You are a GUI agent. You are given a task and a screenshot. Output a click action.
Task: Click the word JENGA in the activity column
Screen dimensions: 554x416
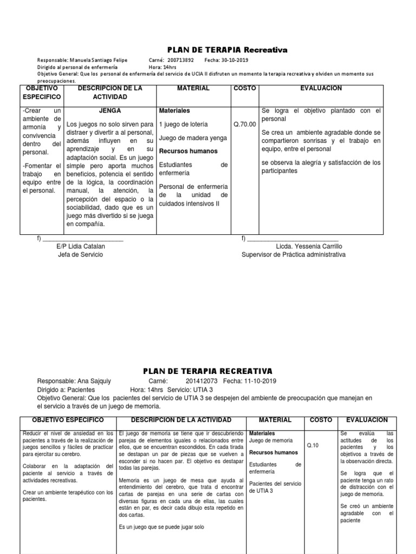110,110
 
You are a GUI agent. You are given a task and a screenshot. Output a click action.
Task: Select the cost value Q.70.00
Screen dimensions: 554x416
244,124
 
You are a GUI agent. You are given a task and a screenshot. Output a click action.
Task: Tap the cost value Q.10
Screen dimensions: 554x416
313,445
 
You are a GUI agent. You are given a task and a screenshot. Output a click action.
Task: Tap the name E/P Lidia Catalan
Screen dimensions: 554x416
81,246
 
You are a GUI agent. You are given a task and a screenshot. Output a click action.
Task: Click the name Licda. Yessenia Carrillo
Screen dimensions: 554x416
309,246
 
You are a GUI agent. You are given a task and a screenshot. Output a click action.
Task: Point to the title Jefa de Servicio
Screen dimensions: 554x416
80,254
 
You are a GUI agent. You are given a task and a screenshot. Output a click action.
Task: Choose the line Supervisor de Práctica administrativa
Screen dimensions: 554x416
293,254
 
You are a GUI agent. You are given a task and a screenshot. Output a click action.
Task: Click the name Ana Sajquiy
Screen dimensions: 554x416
91,380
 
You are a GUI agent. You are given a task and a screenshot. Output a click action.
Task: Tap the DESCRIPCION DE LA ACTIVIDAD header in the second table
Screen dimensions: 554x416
174,420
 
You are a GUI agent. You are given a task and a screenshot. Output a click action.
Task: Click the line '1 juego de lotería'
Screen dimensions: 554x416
184,124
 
